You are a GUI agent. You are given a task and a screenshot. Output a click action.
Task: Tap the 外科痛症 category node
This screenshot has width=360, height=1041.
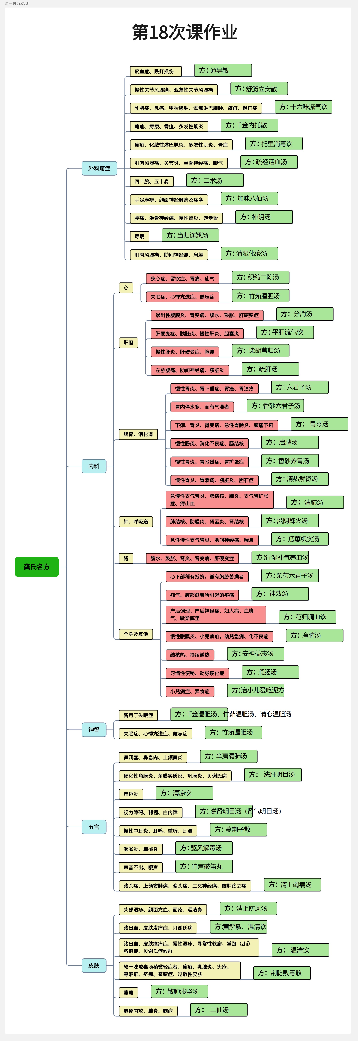tap(99, 168)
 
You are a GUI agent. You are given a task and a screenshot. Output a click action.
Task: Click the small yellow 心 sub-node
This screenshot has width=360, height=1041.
tap(126, 288)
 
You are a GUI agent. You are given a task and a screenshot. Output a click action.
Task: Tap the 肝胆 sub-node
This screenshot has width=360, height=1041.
tap(128, 343)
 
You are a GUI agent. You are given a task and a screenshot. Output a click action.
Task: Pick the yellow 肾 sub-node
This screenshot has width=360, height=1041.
tap(126, 558)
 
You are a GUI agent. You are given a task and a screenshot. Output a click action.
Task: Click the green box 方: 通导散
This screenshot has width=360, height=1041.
tap(223, 70)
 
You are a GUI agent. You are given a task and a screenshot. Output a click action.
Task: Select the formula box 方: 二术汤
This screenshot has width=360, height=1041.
tap(215, 180)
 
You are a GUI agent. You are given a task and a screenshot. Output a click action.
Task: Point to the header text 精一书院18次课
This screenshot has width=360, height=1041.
tap(17, 4)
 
